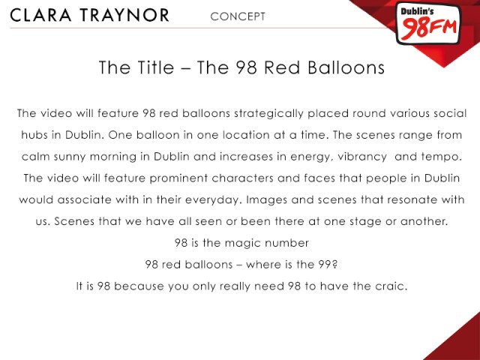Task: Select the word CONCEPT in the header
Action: (238, 16)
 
